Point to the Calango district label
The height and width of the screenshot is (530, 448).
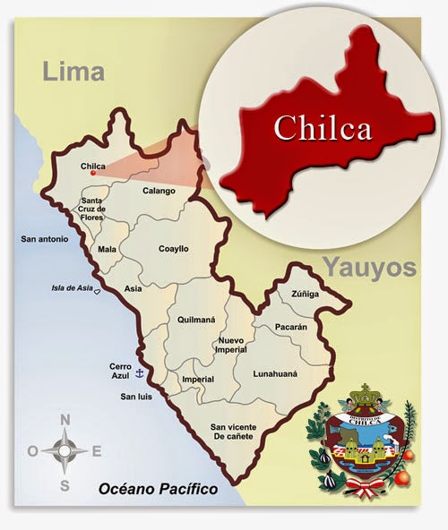pyautogui.click(x=159, y=190)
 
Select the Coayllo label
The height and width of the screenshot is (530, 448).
pyautogui.click(x=173, y=249)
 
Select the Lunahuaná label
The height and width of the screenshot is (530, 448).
pyautogui.click(x=275, y=373)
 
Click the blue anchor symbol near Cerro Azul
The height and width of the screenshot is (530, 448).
pyautogui.click(x=139, y=372)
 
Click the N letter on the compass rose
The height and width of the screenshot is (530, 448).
pyautogui.click(x=65, y=420)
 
